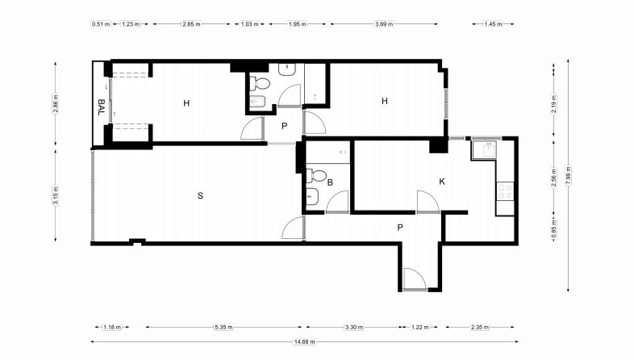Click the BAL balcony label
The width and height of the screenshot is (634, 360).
point(101,107)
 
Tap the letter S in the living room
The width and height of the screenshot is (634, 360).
point(200,196)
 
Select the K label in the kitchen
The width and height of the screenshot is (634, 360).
point(442,182)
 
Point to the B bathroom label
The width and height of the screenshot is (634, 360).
point(330,182)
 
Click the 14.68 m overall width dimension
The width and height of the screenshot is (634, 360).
point(304,341)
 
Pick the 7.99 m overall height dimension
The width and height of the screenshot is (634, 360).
point(569,175)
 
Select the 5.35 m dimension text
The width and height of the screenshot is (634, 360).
point(223,327)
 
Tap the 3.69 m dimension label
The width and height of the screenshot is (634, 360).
point(384,24)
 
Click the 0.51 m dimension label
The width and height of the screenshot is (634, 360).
point(101,24)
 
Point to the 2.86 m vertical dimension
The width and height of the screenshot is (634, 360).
point(56,103)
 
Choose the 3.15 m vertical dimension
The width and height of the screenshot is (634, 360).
point(56,195)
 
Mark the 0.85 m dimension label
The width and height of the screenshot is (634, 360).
point(554,229)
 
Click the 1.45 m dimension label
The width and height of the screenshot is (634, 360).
point(493,24)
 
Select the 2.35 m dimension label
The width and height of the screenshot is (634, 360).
point(480,327)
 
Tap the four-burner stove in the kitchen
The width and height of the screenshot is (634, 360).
point(505,191)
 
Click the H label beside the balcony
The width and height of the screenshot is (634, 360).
point(186,103)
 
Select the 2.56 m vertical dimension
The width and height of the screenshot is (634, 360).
point(554,178)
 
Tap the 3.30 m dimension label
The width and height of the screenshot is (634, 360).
point(354,327)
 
